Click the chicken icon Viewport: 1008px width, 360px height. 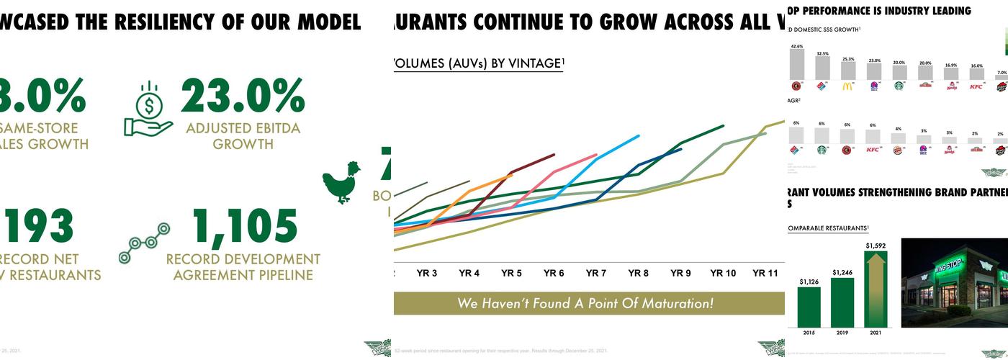click(x=341, y=183)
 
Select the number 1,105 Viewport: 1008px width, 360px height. click(x=246, y=227)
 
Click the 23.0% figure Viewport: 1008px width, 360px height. click(x=243, y=96)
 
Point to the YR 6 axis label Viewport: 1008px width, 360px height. click(x=554, y=274)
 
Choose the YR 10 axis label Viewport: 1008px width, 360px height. click(x=723, y=274)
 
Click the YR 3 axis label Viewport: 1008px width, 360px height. click(x=427, y=274)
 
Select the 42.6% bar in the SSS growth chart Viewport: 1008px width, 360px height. click(x=796, y=65)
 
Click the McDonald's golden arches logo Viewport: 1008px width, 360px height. click(x=847, y=86)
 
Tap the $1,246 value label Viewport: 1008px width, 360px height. click(x=842, y=272)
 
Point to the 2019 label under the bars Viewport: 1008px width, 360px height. click(x=842, y=333)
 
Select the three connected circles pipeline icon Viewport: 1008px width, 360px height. click(x=144, y=243)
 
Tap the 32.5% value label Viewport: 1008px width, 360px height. click(x=822, y=53)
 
